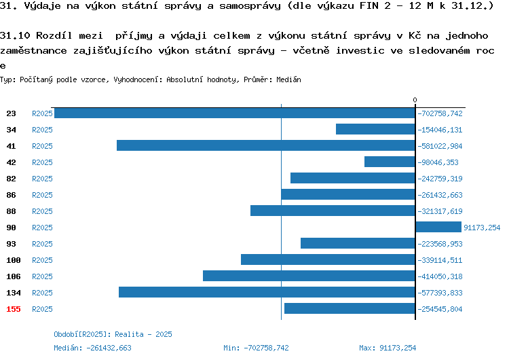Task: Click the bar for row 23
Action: (x=235, y=113)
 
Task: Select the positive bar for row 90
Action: (x=438, y=227)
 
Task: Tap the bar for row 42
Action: (x=390, y=162)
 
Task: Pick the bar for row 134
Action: (x=267, y=292)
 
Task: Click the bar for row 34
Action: (x=375, y=129)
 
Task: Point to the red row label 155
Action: (x=14, y=309)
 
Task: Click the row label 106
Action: (x=14, y=276)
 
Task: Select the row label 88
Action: (x=11, y=211)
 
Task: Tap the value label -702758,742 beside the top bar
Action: (x=440, y=113)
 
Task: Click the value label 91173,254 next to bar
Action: (x=482, y=228)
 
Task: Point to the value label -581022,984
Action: (x=440, y=146)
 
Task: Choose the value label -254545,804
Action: (x=440, y=309)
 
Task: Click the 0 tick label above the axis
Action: (x=415, y=100)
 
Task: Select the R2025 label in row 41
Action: (x=42, y=146)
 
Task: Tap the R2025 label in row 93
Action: (x=42, y=244)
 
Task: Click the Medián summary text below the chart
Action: (x=92, y=348)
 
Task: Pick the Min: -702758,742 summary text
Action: (x=256, y=348)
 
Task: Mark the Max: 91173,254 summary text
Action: (x=388, y=348)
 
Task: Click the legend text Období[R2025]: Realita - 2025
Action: (x=113, y=334)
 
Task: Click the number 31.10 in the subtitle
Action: (x=15, y=35)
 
